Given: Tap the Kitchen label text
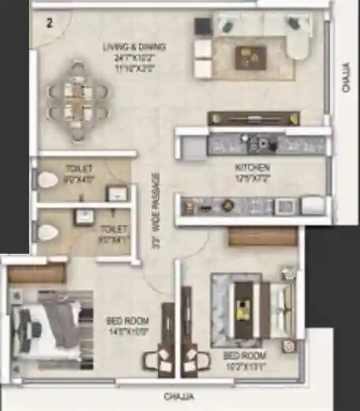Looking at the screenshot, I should (x=253, y=168).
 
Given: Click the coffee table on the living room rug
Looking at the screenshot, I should (x=251, y=55).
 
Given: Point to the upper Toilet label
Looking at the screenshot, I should (x=80, y=168).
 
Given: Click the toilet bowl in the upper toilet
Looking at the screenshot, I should (x=47, y=180).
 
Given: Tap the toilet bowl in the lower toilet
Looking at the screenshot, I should (x=48, y=232).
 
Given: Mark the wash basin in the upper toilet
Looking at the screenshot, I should (x=117, y=194).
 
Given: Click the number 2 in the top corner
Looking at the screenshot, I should (x=49, y=22).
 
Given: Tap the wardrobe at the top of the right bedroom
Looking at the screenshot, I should (x=262, y=236).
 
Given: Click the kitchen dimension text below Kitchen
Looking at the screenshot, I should (x=253, y=179).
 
